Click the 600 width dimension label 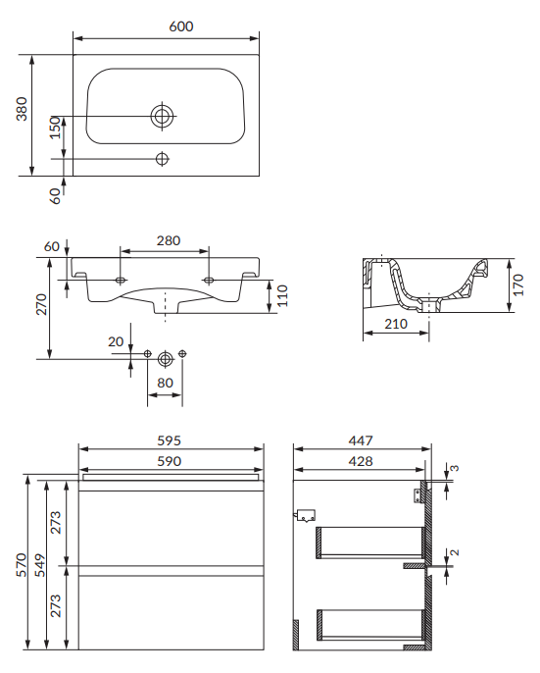pos(181,26)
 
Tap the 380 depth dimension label pos(22,109)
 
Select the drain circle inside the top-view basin pos(163,116)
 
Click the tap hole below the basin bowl pos(162,159)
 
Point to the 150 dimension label pos(55,128)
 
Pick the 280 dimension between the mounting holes pos(169,240)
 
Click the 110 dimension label pos(282,295)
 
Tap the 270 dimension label pos(41,304)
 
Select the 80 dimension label pos(165,383)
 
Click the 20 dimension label pos(116,341)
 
